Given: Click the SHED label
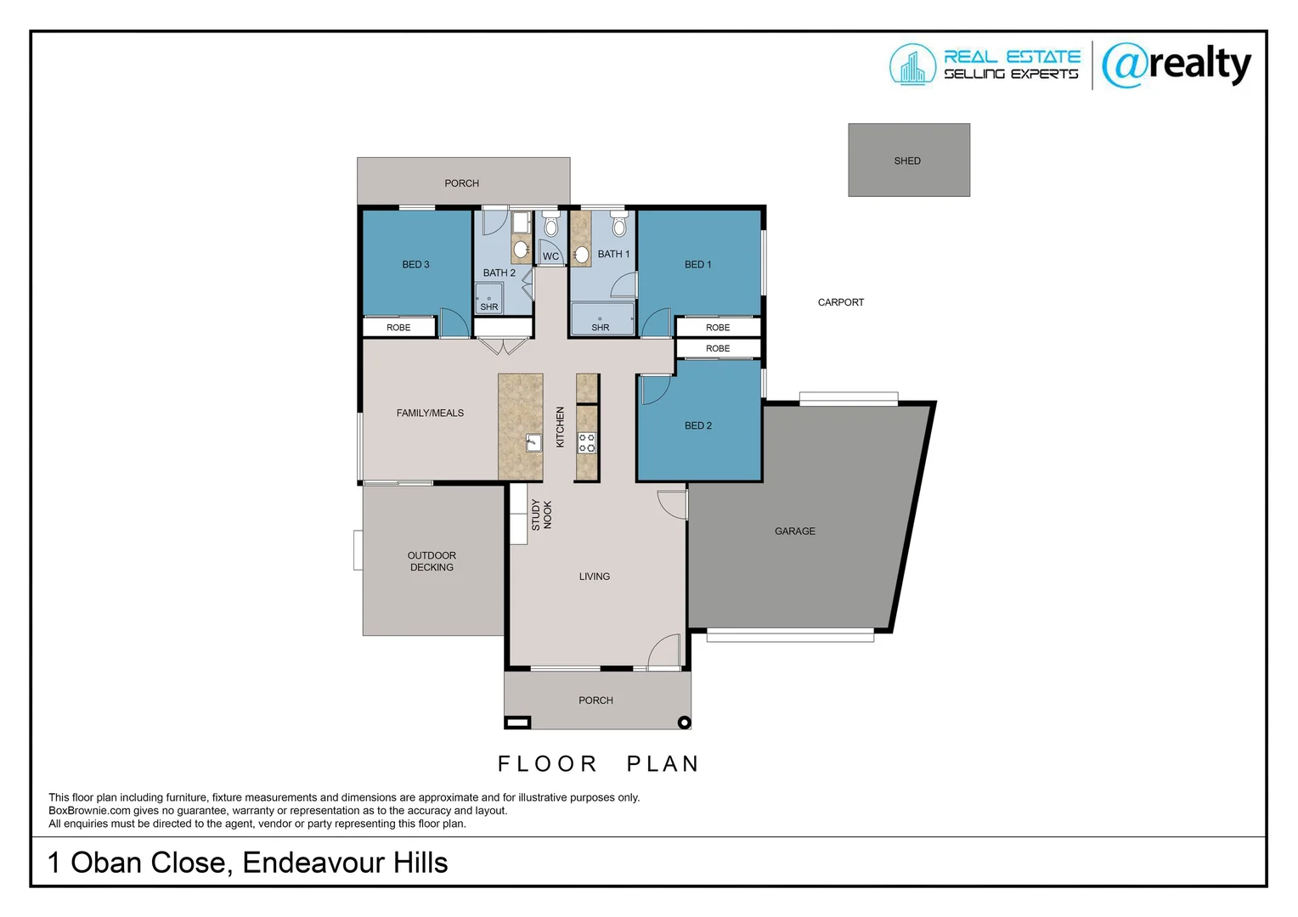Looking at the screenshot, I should [x=906, y=160].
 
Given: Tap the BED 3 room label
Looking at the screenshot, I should [x=415, y=265].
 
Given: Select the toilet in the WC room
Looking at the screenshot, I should [x=550, y=226].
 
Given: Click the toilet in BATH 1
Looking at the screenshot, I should [x=618, y=226].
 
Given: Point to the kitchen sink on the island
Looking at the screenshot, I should [x=533, y=442].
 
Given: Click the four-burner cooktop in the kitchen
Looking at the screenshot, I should [x=587, y=442].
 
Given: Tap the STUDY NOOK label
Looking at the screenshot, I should [x=541, y=515].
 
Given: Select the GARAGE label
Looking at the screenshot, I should [x=794, y=532].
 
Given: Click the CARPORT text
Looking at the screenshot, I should [x=840, y=302].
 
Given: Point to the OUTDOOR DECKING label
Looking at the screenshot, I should [x=432, y=561].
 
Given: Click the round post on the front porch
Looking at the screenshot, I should [x=684, y=723].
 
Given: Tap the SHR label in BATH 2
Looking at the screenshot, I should [x=489, y=307].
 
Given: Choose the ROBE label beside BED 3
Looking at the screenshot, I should [x=398, y=328].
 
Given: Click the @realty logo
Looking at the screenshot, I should [x=1176, y=65].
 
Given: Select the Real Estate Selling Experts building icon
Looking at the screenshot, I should [x=912, y=65].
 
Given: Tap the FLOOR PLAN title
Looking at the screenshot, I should [x=598, y=764].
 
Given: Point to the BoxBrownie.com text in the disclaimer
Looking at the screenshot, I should [x=89, y=811].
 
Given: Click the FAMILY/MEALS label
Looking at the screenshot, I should [x=430, y=413].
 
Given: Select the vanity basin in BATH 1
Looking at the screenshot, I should [x=582, y=254].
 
